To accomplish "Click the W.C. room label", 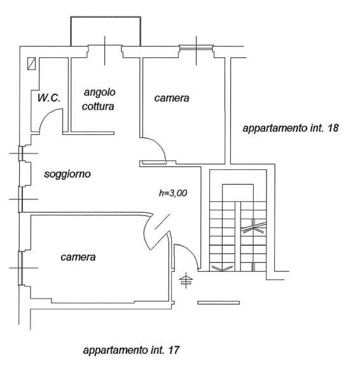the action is point(49,98).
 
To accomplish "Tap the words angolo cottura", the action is point(99,99).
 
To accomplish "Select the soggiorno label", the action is point(67,174).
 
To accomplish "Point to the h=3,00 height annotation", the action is point(173,193).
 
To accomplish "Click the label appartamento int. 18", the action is point(291,128).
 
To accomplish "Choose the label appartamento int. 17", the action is point(131,350).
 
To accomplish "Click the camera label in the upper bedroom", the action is point(172,98).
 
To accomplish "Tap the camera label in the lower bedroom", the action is point(78,257).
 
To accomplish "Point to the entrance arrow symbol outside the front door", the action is point(186,280).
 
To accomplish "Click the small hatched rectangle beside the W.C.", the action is point(31,64).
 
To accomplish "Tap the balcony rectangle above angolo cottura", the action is point(106,17).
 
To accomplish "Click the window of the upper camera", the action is point(196,48).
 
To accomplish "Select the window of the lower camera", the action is point(21,268).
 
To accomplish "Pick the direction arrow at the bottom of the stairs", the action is point(223,269).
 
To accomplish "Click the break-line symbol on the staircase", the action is point(253,227).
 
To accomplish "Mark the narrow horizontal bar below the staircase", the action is point(218,302).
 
